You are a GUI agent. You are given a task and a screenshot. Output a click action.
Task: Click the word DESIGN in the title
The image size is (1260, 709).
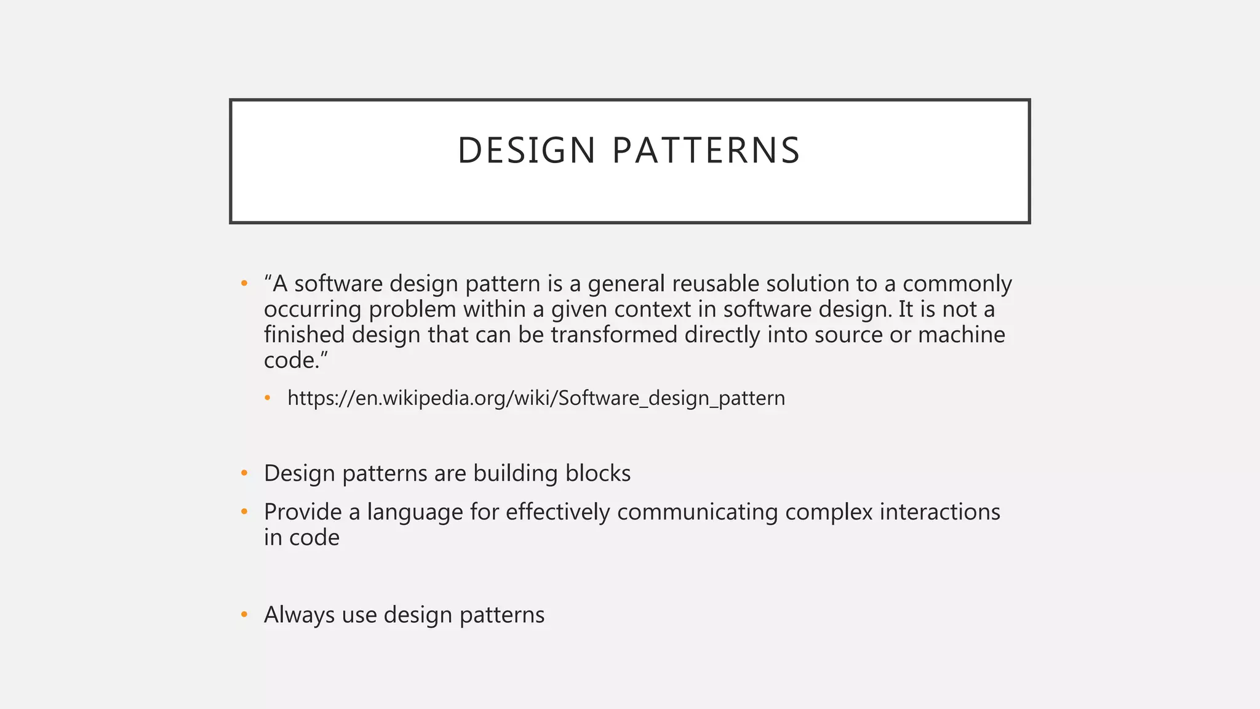click(526, 151)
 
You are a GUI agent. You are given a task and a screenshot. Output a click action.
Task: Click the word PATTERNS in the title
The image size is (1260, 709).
click(706, 151)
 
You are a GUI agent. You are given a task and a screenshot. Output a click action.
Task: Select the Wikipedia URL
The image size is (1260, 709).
click(536, 398)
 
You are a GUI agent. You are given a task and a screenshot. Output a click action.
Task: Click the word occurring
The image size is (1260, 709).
click(313, 310)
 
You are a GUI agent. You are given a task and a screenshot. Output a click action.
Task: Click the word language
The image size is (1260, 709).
click(415, 512)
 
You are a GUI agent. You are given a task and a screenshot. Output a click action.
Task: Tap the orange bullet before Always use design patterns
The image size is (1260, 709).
click(244, 614)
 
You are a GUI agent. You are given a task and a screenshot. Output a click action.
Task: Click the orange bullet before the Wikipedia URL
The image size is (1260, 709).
click(268, 398)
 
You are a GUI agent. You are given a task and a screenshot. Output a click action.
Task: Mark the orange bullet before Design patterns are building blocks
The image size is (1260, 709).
click(244, 473)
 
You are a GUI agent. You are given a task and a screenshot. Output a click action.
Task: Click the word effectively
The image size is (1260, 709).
click(557, 512)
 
